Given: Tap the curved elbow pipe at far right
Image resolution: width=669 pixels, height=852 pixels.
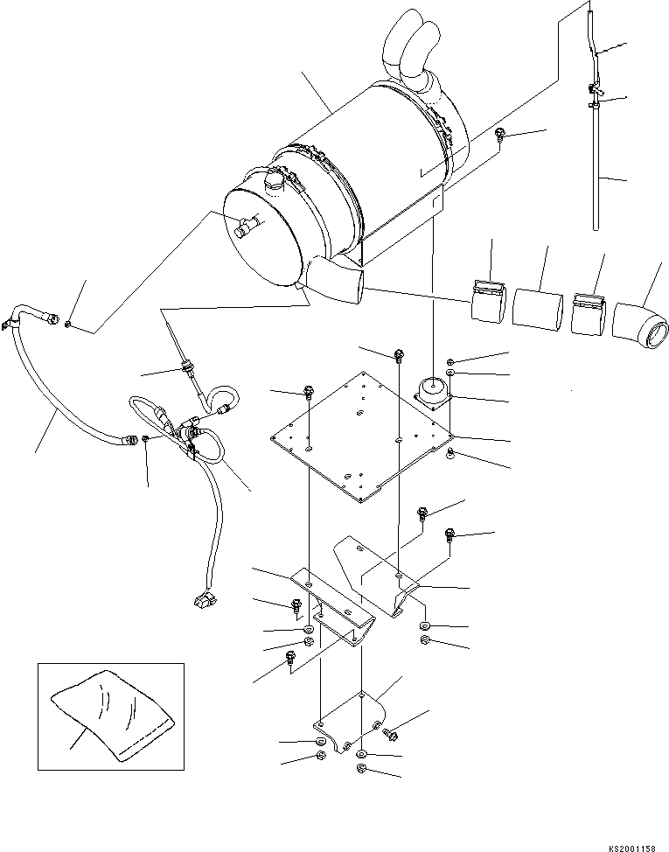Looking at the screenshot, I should (x=642, y=325).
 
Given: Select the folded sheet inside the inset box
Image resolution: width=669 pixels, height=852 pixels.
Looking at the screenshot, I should (x=107, y=714).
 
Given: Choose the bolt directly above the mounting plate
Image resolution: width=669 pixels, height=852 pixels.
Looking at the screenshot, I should (x=400, y=354).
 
